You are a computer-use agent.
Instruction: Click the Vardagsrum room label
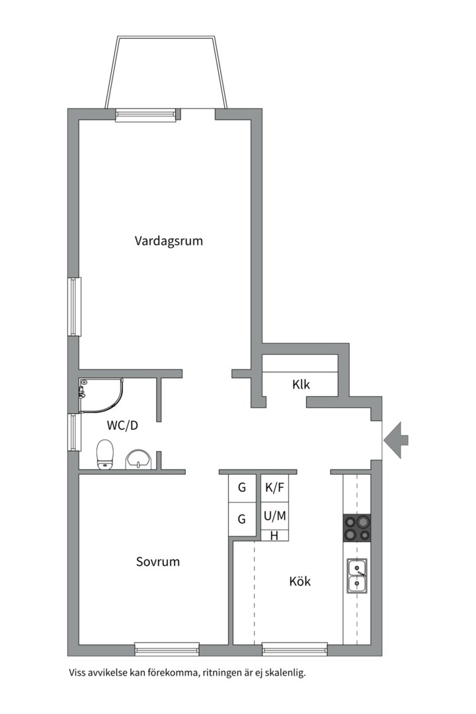pyautogui.click(x=169, y=241)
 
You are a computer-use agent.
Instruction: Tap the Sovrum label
pyautogui.click(x=158, y=561)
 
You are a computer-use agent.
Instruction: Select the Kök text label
pyautogui.click(x=300, y=581)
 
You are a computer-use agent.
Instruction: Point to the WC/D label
pyautogui.click(x=122, y=426)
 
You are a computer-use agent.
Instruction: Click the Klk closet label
pyautogui.click(x=301, y=385)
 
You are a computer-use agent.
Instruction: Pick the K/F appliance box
pyautogui.click(x=274, y=488)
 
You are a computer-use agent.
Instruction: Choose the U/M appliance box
pyautogui.click(x=274, y=516)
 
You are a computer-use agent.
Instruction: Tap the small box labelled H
pyautogui.click(x=274, y=535)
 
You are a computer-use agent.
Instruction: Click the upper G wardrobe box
pyautogui.click(x=242, y=488)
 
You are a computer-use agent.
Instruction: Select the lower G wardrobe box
pyautogui.click(x=242, y=519)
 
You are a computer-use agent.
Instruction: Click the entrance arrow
pyautogui.click(x=396, y=440)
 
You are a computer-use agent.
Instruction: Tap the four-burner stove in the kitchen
pyautogui.click(x=356, y=528)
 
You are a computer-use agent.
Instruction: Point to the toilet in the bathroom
pyautogui.click(x=105, y=454)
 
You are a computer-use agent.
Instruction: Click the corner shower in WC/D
pyautogui.click(x=101, y=394)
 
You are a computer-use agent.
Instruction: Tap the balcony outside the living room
pyautogui.click(x=166, y=73)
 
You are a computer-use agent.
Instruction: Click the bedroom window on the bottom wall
pyautogui.click(x=167, y=649)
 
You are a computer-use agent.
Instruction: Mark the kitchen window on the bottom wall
pyautogui.click(x=295, y=649)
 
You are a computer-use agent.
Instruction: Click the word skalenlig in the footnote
pyautogui.click(x=286, y=672)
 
